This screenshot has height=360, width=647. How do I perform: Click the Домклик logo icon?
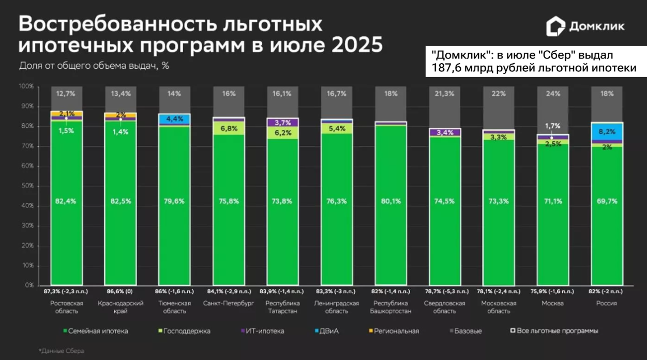click(x=555, y=26)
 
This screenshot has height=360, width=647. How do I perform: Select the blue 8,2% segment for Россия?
click(x=607, y=132)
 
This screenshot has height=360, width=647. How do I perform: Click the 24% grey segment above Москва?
click(x=553, y=94)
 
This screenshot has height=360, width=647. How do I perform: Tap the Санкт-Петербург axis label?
click(x=229, y=304)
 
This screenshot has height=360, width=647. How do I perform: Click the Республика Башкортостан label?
click(x=391, y=307)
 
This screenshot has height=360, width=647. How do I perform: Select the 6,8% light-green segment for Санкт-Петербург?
click(x=229, y=128)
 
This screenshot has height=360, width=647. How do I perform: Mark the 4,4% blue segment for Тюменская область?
click(x=175, y=119)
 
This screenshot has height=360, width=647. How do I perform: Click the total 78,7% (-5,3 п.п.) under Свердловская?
click(x=445, y=291)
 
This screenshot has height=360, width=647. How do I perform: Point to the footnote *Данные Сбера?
click(x=62, y=351)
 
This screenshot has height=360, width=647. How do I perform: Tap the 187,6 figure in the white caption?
click(x=449, y=68)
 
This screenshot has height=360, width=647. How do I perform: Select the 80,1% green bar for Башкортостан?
click(x=391, y=202)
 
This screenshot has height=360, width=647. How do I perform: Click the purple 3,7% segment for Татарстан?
click(x=283, y=123)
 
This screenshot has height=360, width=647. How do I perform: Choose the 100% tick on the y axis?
click(x=26, y=86)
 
